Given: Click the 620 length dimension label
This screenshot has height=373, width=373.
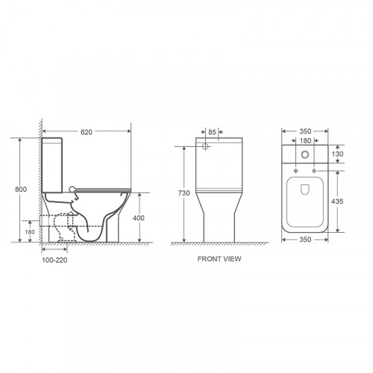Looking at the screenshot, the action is [x=87, y=132].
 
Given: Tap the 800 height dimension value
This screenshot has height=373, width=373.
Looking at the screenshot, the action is [x=21, y=189].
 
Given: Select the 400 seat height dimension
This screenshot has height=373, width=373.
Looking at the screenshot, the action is [x=139, y=218].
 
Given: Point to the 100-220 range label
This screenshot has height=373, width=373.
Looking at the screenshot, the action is [x=54, y=260].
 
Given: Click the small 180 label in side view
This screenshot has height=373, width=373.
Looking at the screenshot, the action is [x=30, y=232].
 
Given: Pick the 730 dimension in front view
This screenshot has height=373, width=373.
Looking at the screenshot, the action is [x=184, y=193].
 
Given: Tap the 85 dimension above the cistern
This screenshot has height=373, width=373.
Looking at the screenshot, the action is [x=212, y=132].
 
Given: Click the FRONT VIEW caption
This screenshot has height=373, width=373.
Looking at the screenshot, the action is [x=219, y=259].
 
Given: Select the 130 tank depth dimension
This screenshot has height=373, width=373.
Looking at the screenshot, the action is [x=337, y=154].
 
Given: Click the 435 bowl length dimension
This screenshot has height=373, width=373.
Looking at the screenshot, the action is [x=337, y=201].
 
